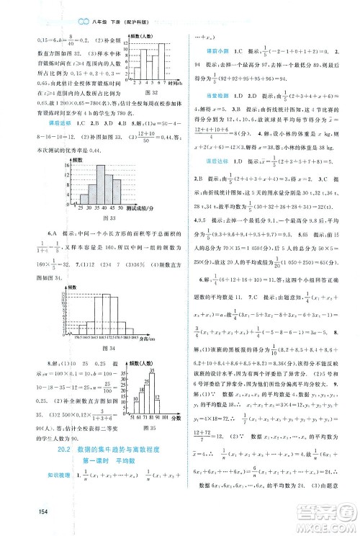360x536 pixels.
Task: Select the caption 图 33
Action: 112,217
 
